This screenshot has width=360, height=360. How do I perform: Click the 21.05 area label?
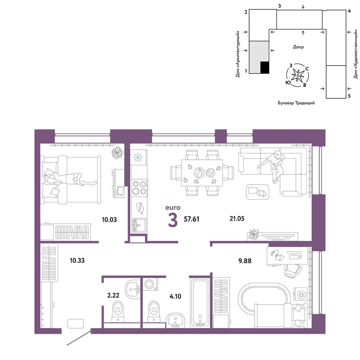(237, 219)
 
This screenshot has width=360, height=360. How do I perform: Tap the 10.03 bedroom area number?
(109, 220)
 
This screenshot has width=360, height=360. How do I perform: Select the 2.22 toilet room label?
(113, 295)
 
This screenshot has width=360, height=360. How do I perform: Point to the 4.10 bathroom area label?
(175, 296)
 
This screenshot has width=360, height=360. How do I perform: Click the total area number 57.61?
(192, 219)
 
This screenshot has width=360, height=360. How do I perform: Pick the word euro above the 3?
(173, 208)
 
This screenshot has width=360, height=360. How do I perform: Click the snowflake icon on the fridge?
(138, 157)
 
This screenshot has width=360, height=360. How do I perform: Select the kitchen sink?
(139, 225)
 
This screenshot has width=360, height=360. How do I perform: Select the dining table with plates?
(202, 173)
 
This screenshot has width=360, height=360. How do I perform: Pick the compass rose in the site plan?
(298, 75)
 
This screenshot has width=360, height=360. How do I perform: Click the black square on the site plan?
(265, 68)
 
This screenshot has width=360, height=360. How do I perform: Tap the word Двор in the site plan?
(298, 47)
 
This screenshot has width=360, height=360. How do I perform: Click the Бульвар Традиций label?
(296, 103)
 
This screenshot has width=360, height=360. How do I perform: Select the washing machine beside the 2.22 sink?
(150, 284)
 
